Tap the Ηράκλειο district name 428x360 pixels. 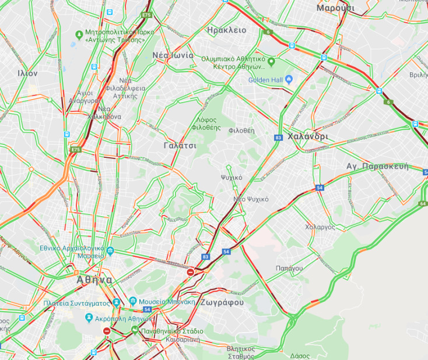[x=226, y=30]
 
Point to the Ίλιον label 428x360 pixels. [x=27, y=73]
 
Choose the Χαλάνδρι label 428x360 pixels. [x=308, y=136]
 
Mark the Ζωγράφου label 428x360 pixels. [x=221, y=303]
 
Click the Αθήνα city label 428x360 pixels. [x=94, y=280]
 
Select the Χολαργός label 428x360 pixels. [x=320, y=227]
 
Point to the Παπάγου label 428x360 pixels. [x=289, y=268]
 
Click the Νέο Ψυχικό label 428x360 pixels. [x=251, y=199]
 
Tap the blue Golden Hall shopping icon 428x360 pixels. [x=288, y=80]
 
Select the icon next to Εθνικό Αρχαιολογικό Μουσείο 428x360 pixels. [x=110, y=252]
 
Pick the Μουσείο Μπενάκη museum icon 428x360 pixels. [x=134, y=301]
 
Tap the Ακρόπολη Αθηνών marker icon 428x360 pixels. [x=89, y=318]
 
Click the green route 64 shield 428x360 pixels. [x=423, y=203]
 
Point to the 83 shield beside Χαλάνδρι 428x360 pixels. [x=278, y=137]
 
